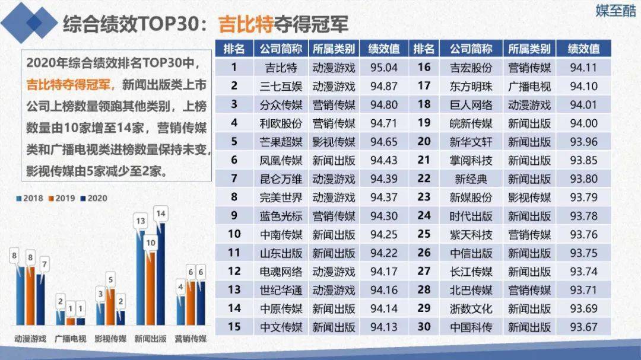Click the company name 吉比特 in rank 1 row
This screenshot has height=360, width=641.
tap(281, 67)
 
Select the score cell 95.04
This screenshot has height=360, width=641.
tap(384, 67)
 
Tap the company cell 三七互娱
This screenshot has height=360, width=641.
tap(281, 86)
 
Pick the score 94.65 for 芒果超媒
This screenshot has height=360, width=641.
tap(384, 142)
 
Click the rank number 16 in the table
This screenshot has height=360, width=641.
tap(424, 67)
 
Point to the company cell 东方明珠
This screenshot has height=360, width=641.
tap(471, 86)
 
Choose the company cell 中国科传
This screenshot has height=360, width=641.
tap(471, 327)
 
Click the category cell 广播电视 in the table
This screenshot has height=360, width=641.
tap(529, 86)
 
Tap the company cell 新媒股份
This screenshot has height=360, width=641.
tap(471, 197)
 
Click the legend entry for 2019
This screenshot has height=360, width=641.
tap(61, 198)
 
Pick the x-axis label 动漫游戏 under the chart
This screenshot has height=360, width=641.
tap(30, 340)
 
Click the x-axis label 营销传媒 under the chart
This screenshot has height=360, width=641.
tap(191, 340)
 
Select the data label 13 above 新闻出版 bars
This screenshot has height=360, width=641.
tap(141, 222)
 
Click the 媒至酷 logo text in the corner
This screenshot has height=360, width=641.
tap(615, 11)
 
